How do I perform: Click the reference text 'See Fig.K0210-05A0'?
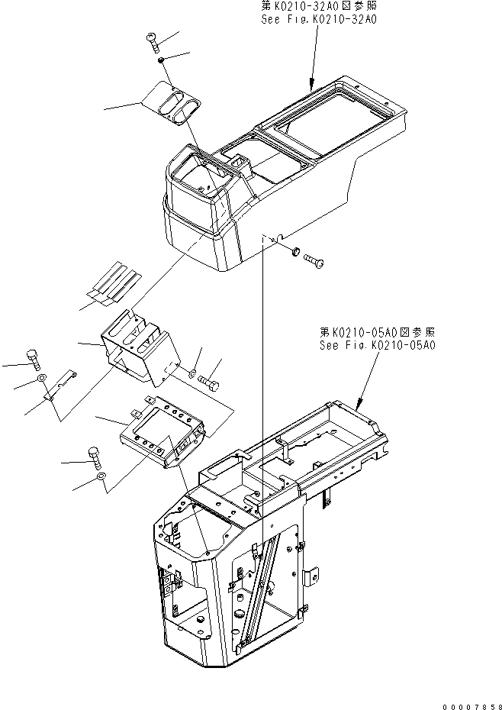coord(378,345)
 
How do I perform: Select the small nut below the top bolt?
coord(161,60)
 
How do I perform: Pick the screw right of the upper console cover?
coord(315,261)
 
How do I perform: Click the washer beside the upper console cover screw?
coord(294,252)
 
